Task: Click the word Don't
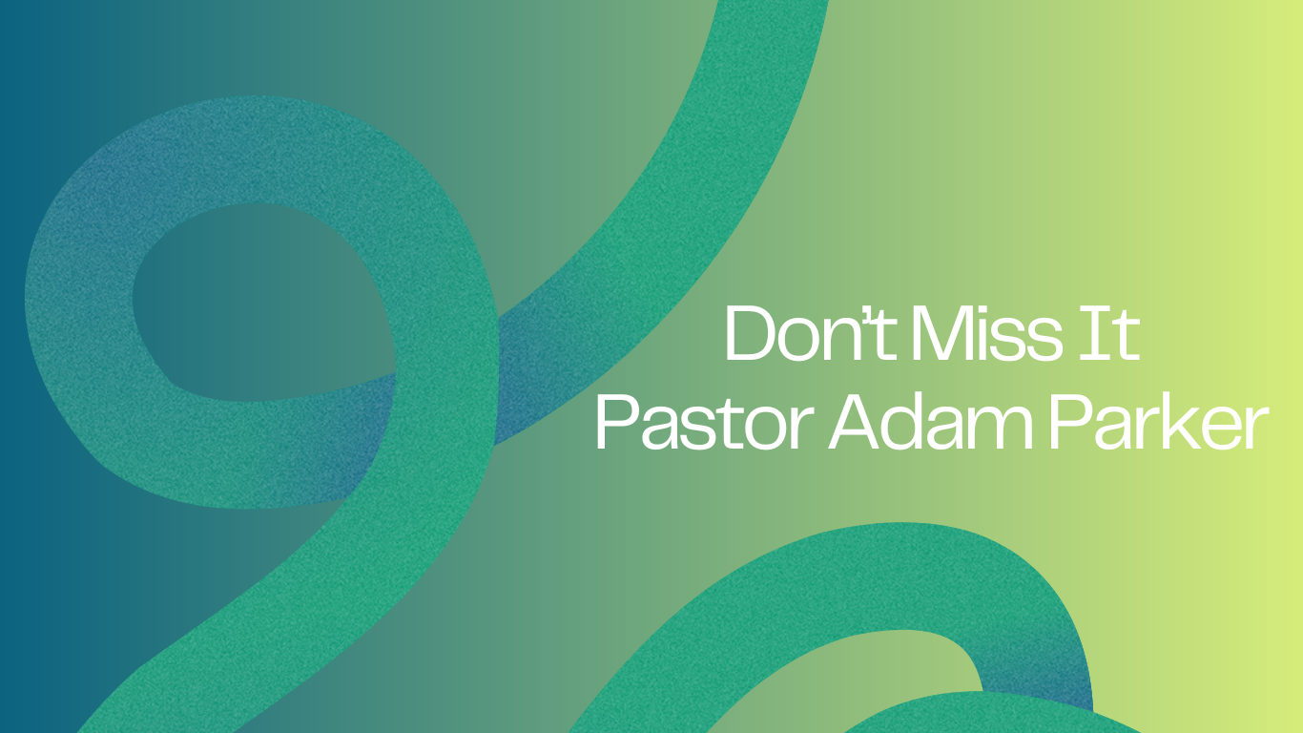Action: click(810, 332)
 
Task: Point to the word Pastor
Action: click(704, 422)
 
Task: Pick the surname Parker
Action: click(1159, 422)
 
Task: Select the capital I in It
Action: click(1096, 333)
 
